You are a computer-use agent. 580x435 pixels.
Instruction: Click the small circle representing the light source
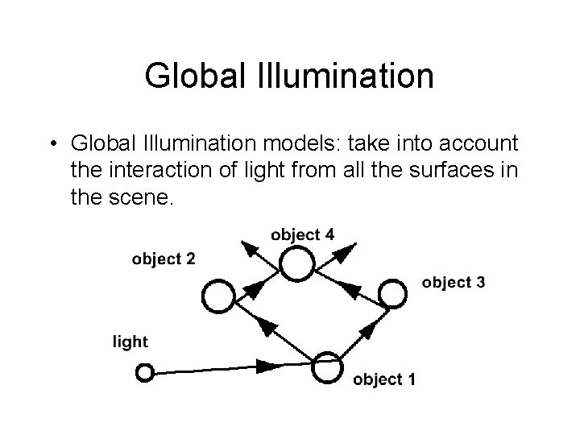[x=145, y=373]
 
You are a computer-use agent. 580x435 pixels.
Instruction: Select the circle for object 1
[x=328, y=367]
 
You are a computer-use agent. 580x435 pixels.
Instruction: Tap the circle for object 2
[x=217, y=296]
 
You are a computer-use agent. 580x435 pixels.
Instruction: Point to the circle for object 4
[x=296, y=263]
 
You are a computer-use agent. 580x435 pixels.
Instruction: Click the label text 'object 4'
[x=303, y=234]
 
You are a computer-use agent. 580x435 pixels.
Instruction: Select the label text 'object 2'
[x=164, y=259]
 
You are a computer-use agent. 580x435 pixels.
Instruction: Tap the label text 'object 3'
[x=453, y=282]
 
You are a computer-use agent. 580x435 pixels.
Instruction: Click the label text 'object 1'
[x=384, y=379]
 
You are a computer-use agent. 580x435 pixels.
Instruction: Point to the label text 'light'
[x=130, y=342]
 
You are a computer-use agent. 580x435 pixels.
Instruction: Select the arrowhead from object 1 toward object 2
[x=265, y=327]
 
